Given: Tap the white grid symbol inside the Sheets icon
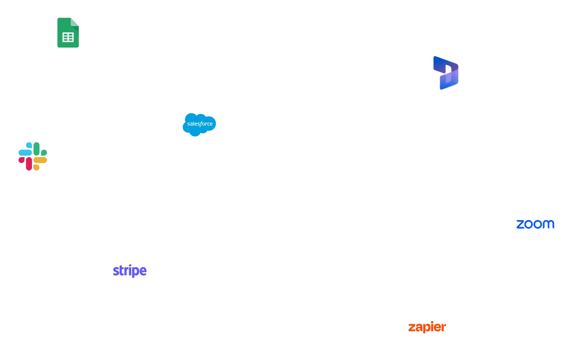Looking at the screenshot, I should coord(68,37).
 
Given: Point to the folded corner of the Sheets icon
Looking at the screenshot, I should coord(76,21).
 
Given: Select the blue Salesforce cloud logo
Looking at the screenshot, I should coord(199,124).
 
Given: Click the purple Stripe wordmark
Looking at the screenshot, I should coord(129,271).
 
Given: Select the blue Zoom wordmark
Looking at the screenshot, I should coord(535,225).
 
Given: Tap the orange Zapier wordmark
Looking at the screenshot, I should coord(427,327).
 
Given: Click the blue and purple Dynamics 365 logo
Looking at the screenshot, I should coord(446,73).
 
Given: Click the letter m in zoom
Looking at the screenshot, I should coord(549,225).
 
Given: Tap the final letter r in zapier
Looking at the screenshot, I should coord(444,328).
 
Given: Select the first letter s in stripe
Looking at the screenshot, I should coord(115,271).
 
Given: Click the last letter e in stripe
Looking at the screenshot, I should coord(144,271).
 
